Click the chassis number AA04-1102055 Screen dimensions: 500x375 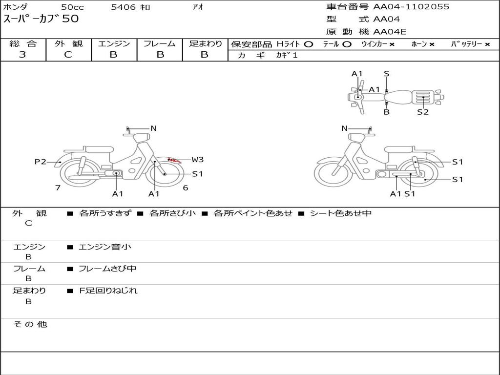(x=411, y=7)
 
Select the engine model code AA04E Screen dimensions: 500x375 (x=390, y=32)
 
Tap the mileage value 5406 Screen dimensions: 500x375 (x=123, y=7)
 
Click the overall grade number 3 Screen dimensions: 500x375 (x=22, y=55)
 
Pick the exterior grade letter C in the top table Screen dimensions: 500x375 (x=68, y=55)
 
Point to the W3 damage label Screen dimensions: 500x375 (x=197, y=160)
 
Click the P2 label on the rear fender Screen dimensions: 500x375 (x=40, y=162)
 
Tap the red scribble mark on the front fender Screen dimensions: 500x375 (x=175, y=160)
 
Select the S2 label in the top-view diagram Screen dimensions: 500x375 (x=423, y=112)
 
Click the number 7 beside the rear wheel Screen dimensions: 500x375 (x=58, y=188)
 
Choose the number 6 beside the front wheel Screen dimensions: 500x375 (x=186, y=188)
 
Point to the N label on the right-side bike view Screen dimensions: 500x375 (x=344, y=128)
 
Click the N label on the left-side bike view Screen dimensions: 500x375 (x=153, y=128)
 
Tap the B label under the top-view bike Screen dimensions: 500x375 (x=387, y=112)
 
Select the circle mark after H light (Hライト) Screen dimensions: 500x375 (x=309, y=44)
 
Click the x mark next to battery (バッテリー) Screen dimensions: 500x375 (x=487, y=44)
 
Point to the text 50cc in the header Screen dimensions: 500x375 (x=72, y=7)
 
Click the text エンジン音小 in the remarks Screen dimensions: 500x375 (x=105, y=247)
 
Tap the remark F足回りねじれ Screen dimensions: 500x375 (x=108, y=291)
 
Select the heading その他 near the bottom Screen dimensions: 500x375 (x=30, y=324)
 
